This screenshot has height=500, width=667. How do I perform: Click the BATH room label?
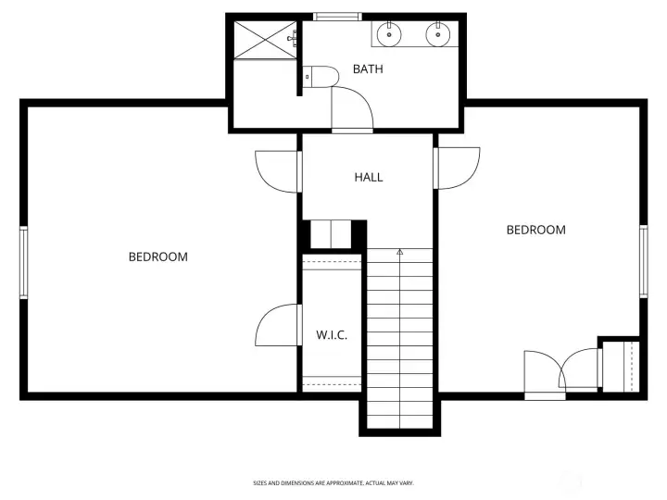coord(368,69)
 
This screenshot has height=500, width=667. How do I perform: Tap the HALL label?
coord(368,177)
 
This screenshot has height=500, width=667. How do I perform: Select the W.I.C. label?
coord(332,335)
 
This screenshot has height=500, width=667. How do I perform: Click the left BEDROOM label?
coord(157,256)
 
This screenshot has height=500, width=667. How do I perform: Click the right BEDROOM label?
coord(535,230)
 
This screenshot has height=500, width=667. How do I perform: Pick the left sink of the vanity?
coord(391,35)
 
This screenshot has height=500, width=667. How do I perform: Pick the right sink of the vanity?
coord(438,35)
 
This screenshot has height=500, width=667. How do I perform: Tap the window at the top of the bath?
coord(336,16)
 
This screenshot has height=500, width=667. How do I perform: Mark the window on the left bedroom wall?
coord(24,262)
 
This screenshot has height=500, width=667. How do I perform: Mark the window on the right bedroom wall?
coord(642,261)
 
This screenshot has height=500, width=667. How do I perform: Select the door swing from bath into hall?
coord(352,109)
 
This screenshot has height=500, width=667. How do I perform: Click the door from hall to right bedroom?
coord(457,168)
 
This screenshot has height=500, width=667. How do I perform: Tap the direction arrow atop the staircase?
coord(400,251)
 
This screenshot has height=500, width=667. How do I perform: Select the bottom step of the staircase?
coord(400,422)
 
